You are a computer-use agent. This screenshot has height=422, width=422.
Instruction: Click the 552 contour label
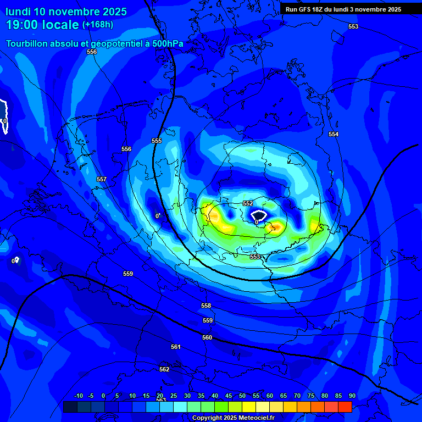pos(248,203)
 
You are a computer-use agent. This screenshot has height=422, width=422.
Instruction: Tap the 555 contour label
pos(157,141)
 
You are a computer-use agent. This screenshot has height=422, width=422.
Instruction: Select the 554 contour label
pos(334,135)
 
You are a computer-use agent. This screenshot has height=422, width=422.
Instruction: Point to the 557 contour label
pos(102,180)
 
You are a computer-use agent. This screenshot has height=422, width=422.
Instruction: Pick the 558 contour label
pos(206,306)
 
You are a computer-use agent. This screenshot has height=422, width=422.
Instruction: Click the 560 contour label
pos(207,338)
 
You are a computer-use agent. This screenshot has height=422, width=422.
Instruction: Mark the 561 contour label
pos(176,347)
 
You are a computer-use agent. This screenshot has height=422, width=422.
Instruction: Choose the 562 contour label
pos(164,370)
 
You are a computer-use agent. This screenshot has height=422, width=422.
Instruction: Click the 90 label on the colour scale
pos(352,396)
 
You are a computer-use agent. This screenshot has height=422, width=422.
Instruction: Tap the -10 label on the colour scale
pos(78,396)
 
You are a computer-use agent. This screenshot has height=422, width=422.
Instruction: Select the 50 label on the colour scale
pos(242,396)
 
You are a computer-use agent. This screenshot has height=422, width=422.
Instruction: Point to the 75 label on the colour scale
pos(311,396)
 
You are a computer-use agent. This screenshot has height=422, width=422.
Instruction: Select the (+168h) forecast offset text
pos(98,25)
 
